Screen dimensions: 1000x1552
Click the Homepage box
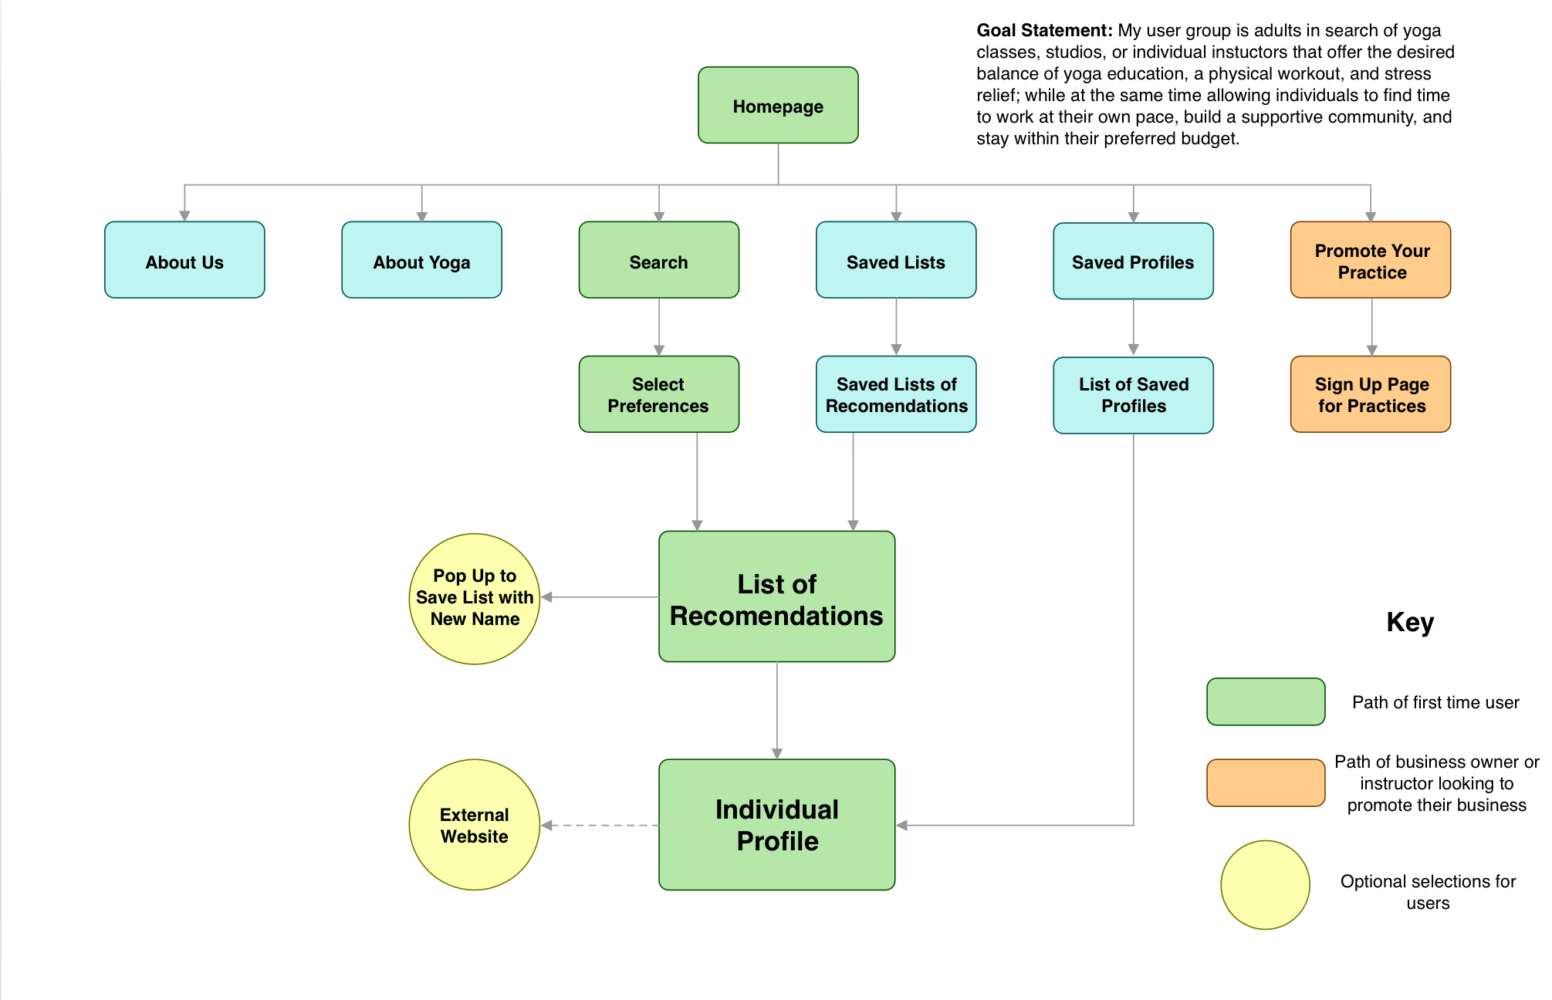coord(778,106)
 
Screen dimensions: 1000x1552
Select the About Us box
coord(184,261)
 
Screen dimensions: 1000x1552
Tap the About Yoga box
coord(421,261)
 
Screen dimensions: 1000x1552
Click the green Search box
coord(658,261)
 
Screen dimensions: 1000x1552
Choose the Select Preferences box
coord(658,394)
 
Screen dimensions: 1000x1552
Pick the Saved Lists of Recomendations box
coord(896,394)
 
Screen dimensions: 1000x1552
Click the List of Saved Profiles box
coord(1133,395)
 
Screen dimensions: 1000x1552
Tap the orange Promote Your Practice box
coord(1371,261)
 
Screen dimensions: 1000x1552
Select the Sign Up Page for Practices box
coord(1371,394)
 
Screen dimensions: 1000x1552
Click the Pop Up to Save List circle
coord(474,599)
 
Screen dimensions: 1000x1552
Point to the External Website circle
coord(474,825)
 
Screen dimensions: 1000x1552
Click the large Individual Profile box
coord(776,825)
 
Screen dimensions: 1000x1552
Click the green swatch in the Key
coord(1266,701)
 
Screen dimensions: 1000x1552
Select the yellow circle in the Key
coord(1265,885)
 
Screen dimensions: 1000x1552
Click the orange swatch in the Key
coord(1266,782)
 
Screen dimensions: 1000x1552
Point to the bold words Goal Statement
coord(1043,31)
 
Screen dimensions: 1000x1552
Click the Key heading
coord(1409,622)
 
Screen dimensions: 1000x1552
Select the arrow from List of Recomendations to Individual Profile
coord(777,710)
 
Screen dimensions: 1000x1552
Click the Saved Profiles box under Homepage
coord(1133,262)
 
